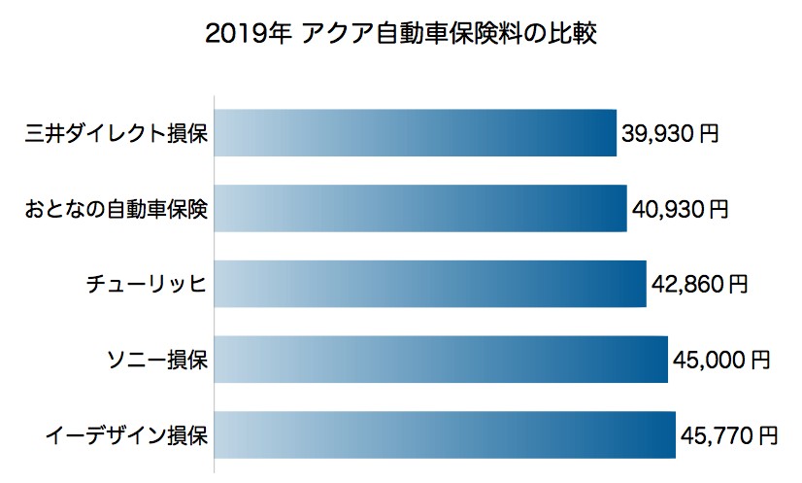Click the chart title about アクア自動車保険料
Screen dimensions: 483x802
[401, 35]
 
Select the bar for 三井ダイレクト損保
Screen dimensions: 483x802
[415, 133]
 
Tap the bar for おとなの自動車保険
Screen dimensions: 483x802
[419, 209]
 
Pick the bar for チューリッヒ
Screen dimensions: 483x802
[429, 284]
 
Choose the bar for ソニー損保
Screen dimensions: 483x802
[440, 360]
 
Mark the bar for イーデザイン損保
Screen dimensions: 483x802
[444, 434]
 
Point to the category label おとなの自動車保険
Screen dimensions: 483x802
[116, 209]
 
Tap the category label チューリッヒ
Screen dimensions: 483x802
[147, 285]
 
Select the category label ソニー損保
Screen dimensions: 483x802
[156, 360]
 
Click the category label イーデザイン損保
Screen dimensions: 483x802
[126, 434]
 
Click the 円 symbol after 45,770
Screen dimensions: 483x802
[768, 434]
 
